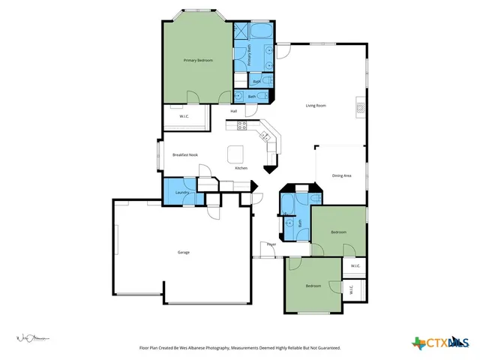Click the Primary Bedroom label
[198, 60]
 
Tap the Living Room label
[315, 106]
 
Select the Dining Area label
[341, 175]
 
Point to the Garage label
[183, 252]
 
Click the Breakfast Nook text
[184, 154]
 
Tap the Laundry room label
[181, 193]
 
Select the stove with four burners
[242, 125]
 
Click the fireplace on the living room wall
[360, 109]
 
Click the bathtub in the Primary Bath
[262, 32]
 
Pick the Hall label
[234, 112]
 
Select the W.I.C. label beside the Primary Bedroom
[184, 116]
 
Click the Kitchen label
[241, 168]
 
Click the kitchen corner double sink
[265, 135]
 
